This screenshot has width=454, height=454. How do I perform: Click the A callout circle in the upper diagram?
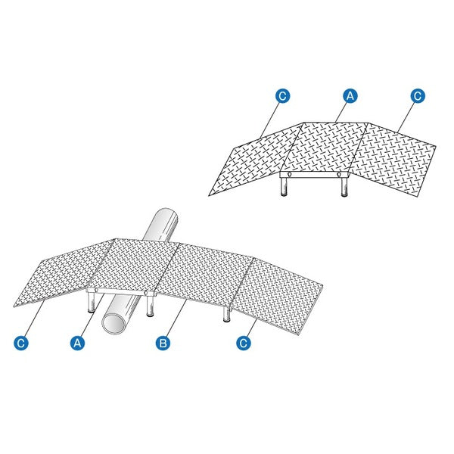tap(350, 96)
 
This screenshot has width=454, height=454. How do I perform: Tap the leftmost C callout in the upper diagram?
tap(282, 96)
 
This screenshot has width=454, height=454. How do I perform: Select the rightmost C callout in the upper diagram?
tap(418, 96)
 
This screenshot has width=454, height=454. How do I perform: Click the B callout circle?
tap(163, 343)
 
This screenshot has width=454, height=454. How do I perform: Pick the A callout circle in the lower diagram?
tap(77, 343)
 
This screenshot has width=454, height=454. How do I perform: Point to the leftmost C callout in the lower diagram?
tap(21, 343)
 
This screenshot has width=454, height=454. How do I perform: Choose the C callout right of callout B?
tap(244, 343)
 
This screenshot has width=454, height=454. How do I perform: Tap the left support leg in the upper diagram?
tap(285, 187)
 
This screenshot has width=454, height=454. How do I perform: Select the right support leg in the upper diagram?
tap(344, 187)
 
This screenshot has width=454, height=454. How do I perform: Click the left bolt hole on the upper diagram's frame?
tap(289, 174)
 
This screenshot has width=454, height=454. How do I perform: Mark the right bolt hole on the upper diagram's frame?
tap(338, 174)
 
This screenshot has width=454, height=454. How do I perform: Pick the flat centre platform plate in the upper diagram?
tap(325, 147)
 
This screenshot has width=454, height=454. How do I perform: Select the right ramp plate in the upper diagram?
tap(393, 160)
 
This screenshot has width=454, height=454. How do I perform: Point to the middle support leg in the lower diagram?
tap(150, 306)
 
